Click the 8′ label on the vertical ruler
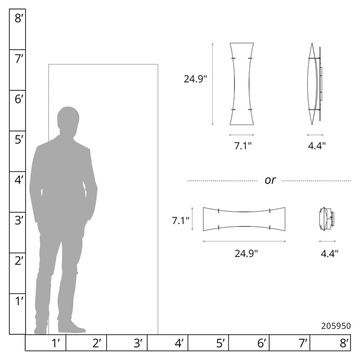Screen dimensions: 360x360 19,18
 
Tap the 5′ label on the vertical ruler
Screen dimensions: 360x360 19,139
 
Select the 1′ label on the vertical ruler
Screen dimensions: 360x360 19,301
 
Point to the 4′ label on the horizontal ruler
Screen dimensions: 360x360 179,343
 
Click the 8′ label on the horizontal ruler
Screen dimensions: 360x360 344,343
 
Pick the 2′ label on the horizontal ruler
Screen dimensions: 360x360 97,343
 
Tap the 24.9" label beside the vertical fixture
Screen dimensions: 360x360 195,79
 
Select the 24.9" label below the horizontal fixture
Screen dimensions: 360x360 246,253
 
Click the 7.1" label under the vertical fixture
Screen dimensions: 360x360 243,145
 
